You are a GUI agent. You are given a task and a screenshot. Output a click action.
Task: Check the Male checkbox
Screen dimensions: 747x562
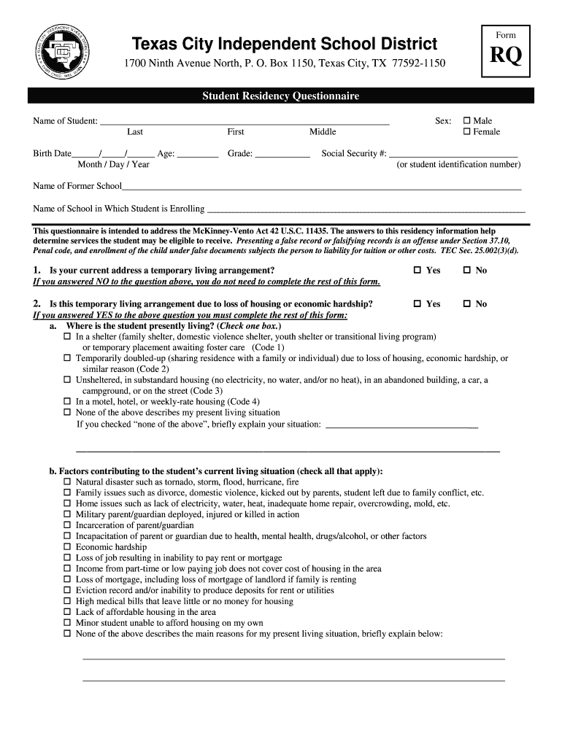tap(467, 121)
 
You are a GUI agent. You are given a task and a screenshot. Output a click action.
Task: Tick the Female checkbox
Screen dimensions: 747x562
tap(467, 132)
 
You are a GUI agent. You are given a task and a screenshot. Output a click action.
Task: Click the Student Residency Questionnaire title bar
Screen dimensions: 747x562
tap(281, 96)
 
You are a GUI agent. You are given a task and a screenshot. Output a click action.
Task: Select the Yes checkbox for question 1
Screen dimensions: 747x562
tap(417, 271)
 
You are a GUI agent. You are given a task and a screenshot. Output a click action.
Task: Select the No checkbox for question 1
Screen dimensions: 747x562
tap(467, 271)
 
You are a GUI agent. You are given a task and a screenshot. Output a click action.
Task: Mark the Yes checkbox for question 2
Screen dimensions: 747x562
tap(417, 304)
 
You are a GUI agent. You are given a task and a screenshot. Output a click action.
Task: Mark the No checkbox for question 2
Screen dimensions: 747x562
tap(467, 304)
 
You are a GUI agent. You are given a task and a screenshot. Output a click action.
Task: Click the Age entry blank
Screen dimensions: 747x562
tap(198, 155)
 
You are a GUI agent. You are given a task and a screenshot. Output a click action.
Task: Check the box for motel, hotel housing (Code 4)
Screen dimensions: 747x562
tap(67, 402)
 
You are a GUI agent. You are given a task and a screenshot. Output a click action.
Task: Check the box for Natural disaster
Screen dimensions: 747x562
tap(67, 482)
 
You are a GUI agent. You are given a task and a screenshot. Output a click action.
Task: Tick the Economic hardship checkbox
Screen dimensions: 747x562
tap(67, 547)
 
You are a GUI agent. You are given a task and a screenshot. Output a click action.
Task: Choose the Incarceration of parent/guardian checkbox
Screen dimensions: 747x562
tap(67, 525)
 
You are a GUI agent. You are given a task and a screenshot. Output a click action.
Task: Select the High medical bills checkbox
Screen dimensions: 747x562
tap(67, 602)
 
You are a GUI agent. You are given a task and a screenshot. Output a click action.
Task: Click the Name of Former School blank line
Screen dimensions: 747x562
tap(321, 187)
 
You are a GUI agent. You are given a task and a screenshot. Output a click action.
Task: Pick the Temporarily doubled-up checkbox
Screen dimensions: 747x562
tap(67, 359)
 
